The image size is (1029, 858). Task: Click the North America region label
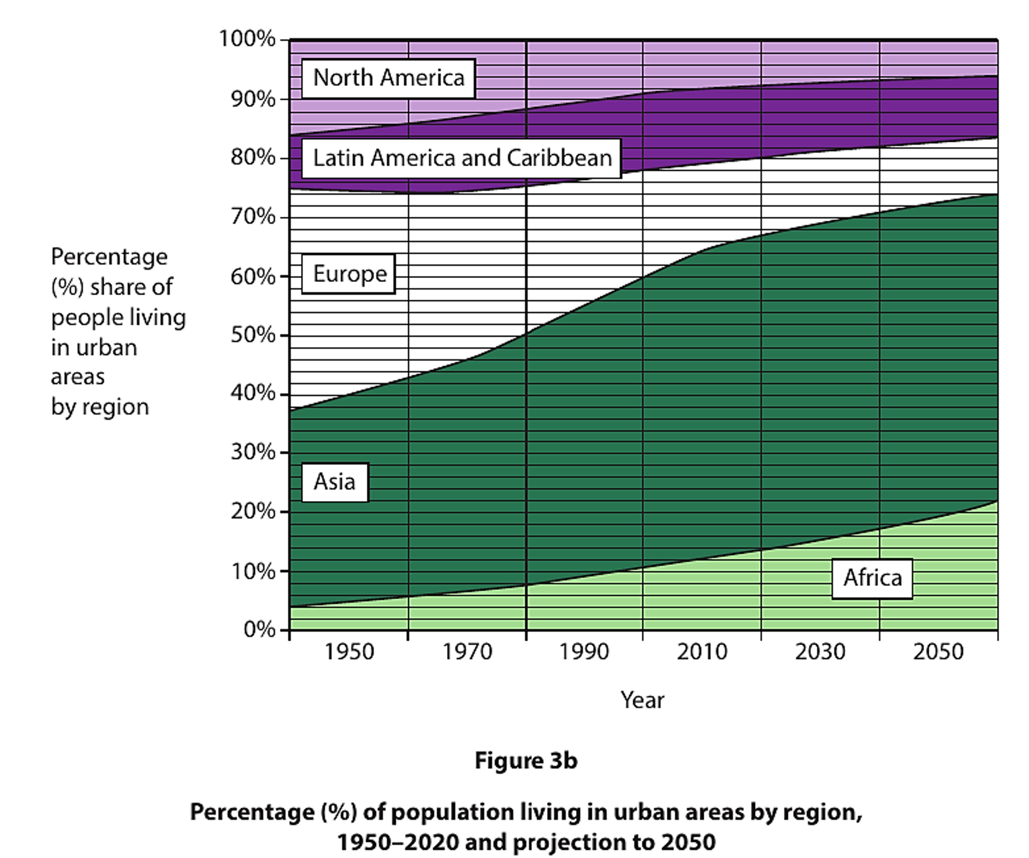tap(388, 78)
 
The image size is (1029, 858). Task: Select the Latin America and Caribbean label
tap(462, 158)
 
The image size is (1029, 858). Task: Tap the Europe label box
tap(349, 274)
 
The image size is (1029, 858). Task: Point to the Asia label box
tap(335, 482)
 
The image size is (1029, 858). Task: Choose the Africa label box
tap(872, 578)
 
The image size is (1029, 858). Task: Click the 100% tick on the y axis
tap(247, 39)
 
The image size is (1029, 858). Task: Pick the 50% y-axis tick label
tap(253, 335)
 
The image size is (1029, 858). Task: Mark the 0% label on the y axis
tap(259, 629)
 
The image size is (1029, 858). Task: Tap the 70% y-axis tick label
tap(253, 217)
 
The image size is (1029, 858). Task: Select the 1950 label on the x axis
tap(348, 652)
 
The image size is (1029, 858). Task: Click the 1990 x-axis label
tap(584, 652)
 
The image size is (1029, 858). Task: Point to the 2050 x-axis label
tap(938, 652)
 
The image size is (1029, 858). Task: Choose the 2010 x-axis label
tap(701, 652)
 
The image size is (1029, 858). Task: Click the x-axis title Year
tap(642, 701)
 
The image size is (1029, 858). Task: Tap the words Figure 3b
tap(525, 761)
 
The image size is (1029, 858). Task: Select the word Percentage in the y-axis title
tap(109, 257)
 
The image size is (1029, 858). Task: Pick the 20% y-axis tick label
tap(253, 511)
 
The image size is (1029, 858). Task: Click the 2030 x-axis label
tap(820, 652)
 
